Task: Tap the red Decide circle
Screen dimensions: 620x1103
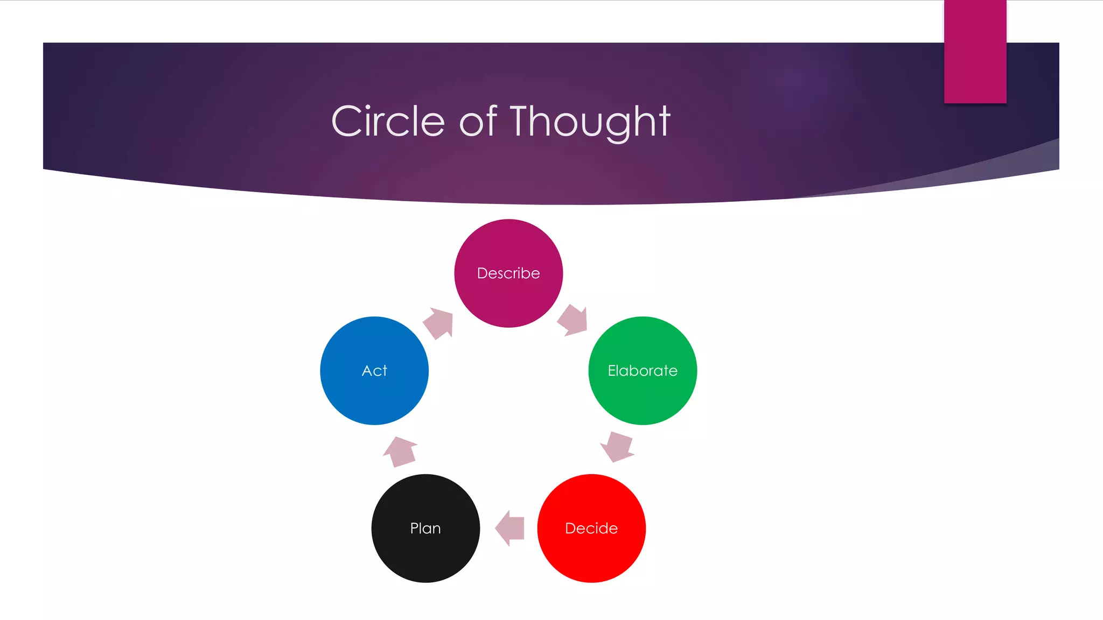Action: point(591,554)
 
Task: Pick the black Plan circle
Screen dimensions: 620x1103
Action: point(425,554)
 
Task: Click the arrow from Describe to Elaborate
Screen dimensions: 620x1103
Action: point(573,320)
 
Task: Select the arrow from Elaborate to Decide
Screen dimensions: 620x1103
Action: point(617,446)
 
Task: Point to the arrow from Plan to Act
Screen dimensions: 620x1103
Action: point(400,452)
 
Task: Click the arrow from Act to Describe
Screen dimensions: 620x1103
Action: point(439,323)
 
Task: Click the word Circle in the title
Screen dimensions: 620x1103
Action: point(388,121)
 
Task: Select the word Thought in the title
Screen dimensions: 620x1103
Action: point(590,121)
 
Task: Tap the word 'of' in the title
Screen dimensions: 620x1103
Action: point(477,121)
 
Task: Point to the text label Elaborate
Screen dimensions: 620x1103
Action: point(643,371)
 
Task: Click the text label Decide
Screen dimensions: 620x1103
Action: point(591,529)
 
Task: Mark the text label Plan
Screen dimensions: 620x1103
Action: point(425,529)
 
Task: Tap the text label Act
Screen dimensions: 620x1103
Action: point(374,371)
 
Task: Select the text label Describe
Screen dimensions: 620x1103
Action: point(508,273)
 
